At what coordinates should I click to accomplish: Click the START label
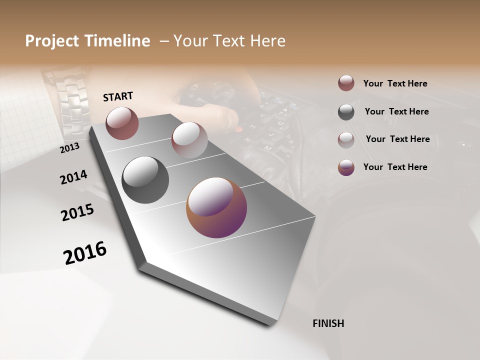tap(118, 96)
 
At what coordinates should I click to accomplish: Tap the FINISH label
tap(328, 323)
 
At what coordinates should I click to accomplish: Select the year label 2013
tap(70, 147)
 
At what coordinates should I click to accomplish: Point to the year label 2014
tap(73, 177)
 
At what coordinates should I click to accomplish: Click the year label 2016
tap(85, 252)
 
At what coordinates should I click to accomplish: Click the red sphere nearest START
tap(122, 123)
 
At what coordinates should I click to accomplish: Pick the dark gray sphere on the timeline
tap(145, 180)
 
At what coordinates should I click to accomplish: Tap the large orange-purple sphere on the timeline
tap(216, 208)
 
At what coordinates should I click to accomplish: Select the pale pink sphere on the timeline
tap(189, 140)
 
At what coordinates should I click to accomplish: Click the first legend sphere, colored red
tap(346, 83)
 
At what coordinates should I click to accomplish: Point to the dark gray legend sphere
tap(346, 112)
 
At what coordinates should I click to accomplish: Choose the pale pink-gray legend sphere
tap(346, 140)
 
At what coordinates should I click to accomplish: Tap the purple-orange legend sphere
tap(346, 167)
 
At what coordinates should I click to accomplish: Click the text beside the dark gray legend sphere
tap(396, 111)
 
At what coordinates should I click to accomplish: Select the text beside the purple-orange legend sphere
tap(395, 167)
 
